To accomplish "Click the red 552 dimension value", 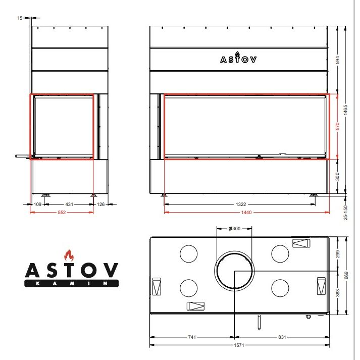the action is pos(62,213).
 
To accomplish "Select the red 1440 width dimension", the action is pos(246,213).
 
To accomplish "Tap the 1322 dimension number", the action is pos(241,204).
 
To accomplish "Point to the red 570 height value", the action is pos(337,126).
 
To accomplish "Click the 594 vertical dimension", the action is pos(337,60).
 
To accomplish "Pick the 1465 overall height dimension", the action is pos(345,110).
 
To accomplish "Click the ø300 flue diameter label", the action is pos(234,228).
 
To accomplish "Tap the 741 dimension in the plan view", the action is pos(192,337).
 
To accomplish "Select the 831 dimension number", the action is pos(282,337).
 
